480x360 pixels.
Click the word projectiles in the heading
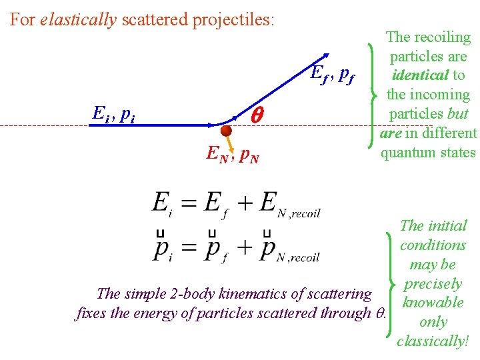tap(233, 19)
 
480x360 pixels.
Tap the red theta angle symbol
tap(257, 116)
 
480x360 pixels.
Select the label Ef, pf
tap(332, 74)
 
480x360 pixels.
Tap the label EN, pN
tap(232, 156)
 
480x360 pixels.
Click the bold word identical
tap(421, 75)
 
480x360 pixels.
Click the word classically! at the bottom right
tap(433, 341)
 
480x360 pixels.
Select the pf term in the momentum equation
tap(217, 249)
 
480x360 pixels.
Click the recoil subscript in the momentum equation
tap(303, 257)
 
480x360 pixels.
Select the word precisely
tap(433, 283)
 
